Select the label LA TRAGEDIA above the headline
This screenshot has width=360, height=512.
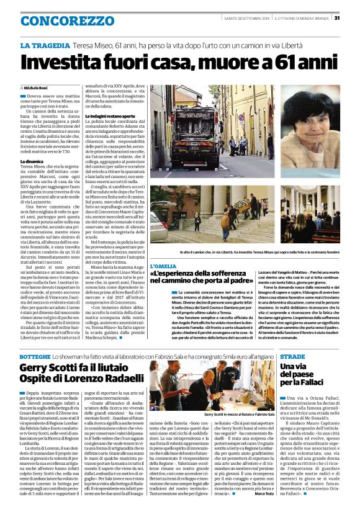tap(45, 47)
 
